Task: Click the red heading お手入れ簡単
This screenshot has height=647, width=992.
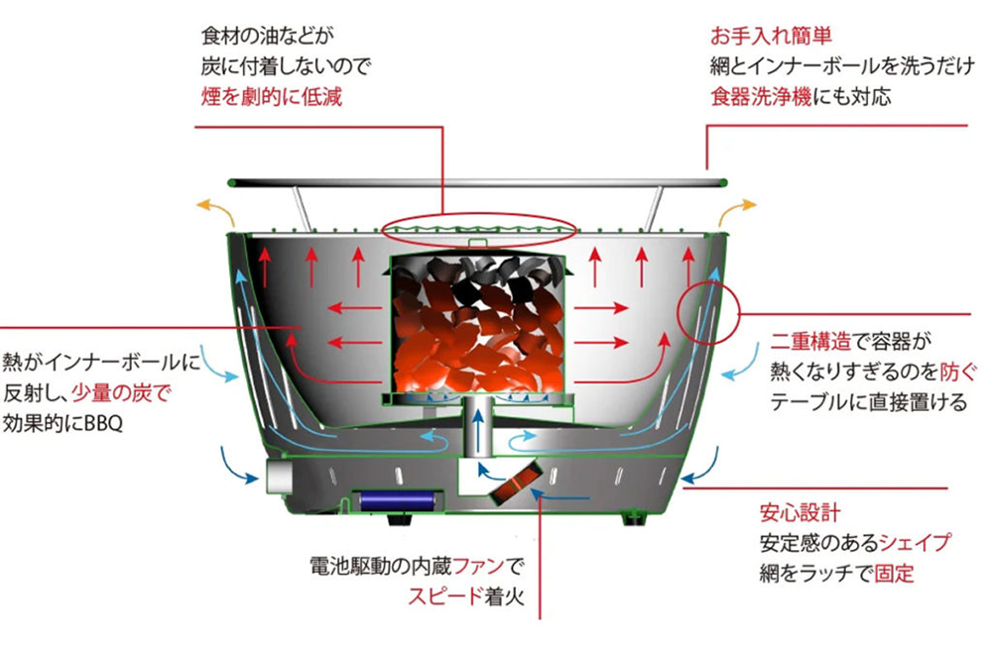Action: tap(771, 36)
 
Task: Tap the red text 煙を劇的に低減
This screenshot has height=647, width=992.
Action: tap(272, 97)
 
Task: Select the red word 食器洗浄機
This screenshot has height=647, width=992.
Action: tap(761, 97)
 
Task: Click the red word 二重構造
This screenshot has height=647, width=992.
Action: tap(810, 341)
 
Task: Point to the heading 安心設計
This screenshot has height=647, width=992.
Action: tap(801, 512)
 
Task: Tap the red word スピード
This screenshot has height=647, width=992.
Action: tap(445, 595)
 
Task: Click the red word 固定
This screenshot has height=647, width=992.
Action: tap(894, 573)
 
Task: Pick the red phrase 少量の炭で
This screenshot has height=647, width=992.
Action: tap(121, 392)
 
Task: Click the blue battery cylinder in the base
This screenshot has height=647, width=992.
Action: tap(397, 500)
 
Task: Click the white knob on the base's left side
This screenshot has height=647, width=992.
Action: tap(279, 477)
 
